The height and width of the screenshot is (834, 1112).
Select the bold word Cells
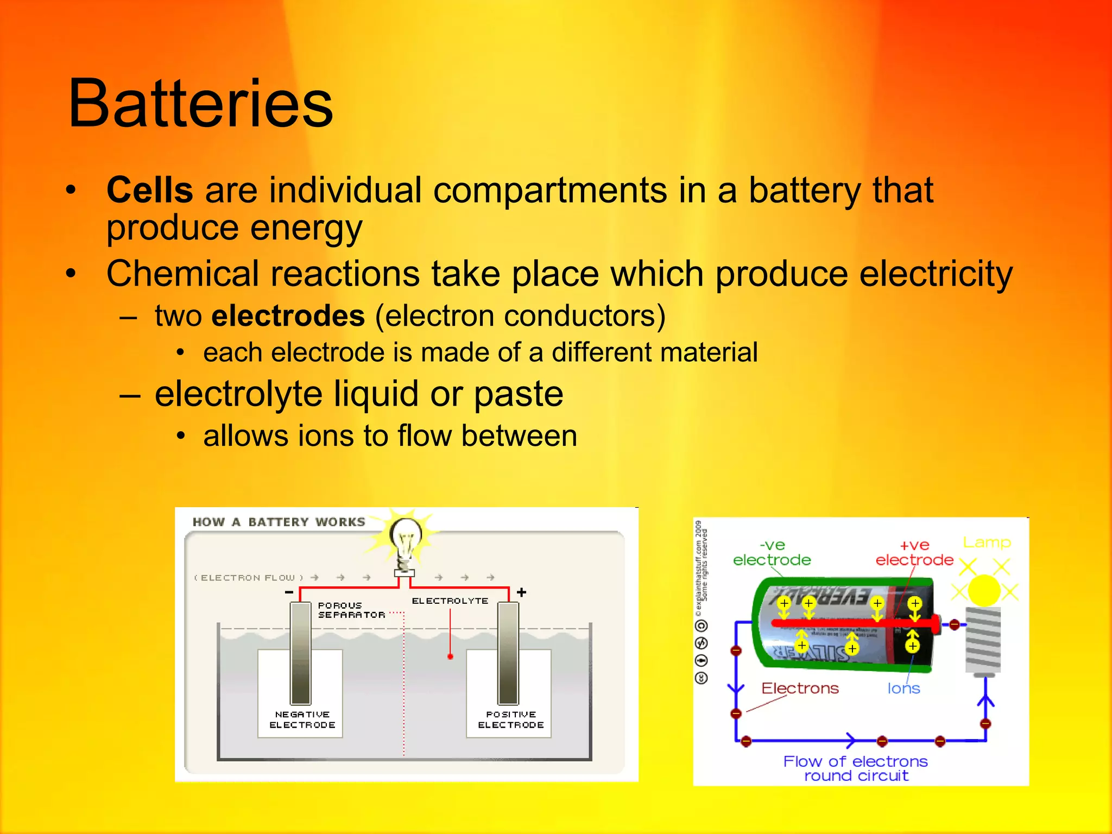[x=150, y=190]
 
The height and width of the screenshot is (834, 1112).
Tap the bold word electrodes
[x=288, y=316]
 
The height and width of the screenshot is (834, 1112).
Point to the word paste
[x=518, y=394]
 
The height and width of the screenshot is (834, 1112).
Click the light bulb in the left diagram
[x=406, y=538]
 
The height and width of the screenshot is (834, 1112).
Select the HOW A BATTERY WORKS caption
[x=279, y=522]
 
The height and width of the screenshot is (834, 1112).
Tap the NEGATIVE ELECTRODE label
[x=302, y=719]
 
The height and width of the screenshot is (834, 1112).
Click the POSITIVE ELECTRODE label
[x=510, y=719]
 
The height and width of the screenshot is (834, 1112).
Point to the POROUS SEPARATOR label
[x=351, y=610]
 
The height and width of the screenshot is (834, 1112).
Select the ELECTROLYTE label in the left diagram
[x=450, y=601]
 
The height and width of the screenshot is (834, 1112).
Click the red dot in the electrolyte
[x=450, y=657]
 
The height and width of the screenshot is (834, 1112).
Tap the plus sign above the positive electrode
[x=522, y=592]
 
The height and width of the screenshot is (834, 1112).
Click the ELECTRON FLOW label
[x=249, y=578]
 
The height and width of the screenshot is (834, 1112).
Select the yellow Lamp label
[x=987, y=542]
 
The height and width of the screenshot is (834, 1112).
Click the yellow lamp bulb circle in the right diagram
[x=984, y=591]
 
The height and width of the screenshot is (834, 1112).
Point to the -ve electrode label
[x=772, y=553]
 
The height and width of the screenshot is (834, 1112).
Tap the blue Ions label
[x=903, y=688]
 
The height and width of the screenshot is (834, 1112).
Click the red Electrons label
[x=800, y=688]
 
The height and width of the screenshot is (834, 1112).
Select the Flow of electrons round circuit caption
[x=856, y=768]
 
